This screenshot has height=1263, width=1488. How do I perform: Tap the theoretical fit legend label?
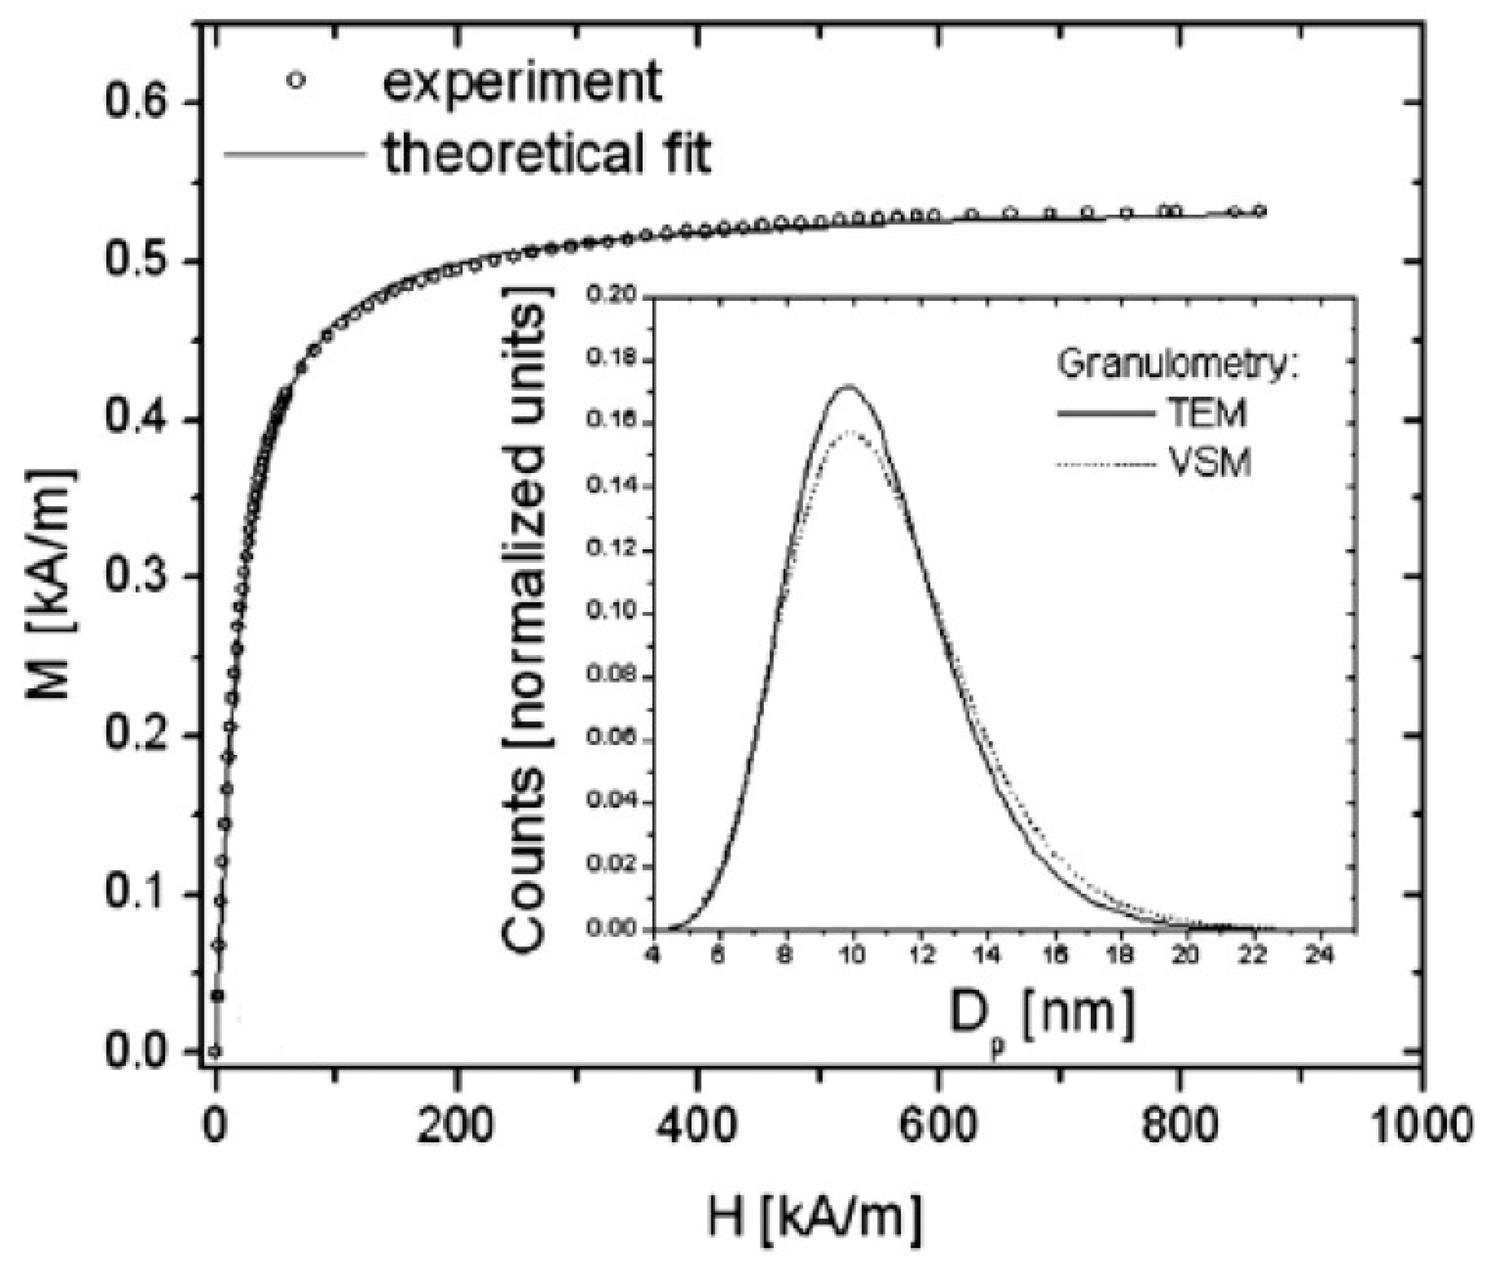pyautogui.click(x=547, y=153)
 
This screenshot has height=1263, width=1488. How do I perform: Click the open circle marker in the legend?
pyautogui.click(x=295, y=81)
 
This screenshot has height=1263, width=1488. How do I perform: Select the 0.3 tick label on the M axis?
pyautogui.click(x=138, y=577)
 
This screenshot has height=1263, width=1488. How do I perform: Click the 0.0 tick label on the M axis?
pyautogui.click(x=138, y=1052)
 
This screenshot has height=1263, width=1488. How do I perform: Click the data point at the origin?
pyautogui.click(x=215, y=1051)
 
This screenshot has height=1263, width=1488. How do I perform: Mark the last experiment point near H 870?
pyautogui.click(x=1260, y=212)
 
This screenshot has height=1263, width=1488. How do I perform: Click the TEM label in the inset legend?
pyautogui.click(x=1210, y=414)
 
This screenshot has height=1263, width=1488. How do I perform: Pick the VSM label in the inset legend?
pyautogui.click(x=1210, y=463)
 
